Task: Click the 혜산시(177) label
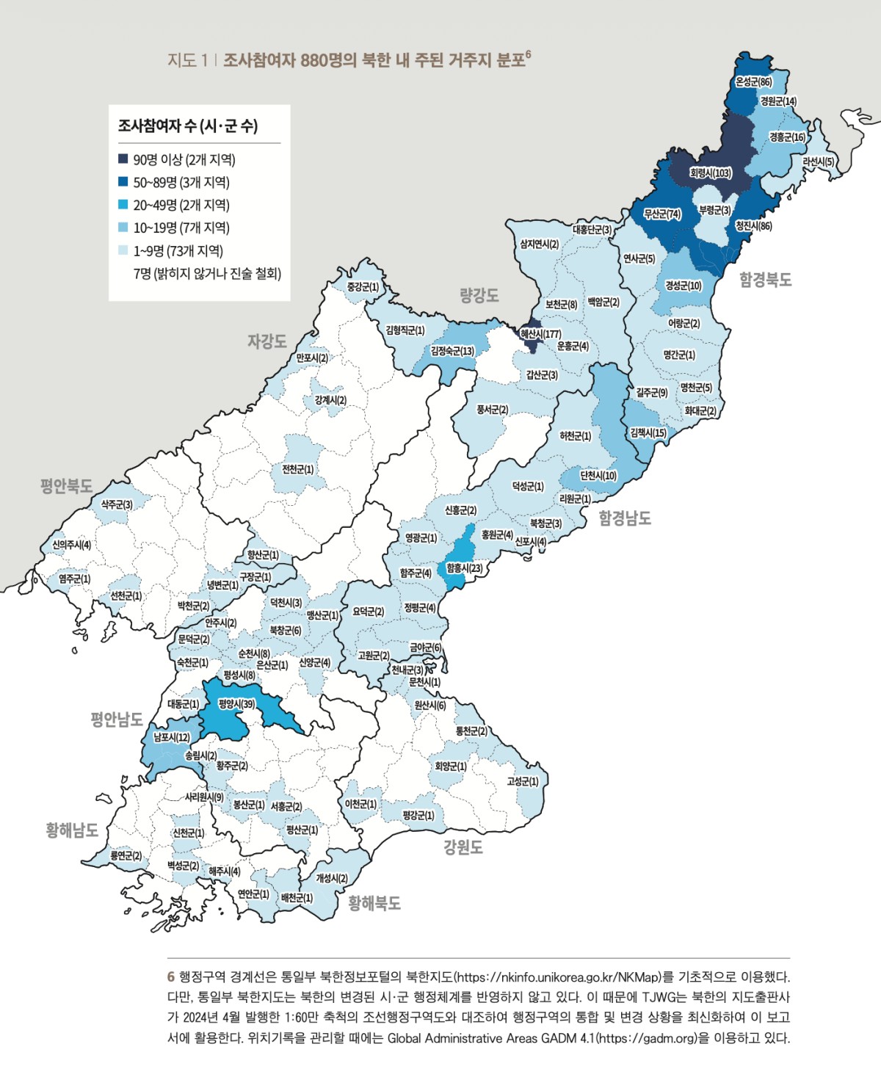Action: coord(540,334)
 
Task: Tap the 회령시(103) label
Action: coord(710,173)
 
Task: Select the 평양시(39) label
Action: coord(236,704)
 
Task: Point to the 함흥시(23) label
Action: coord(464,568)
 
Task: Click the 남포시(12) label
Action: coord(171,736)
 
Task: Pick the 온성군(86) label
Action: coord(753,82)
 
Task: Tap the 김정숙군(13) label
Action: coord(452,351)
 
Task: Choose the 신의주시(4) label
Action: coord(71,545)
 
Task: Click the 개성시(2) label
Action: coord(332,878)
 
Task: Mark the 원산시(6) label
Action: coord(429,705)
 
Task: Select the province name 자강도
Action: coord(267,341)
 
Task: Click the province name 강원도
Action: coord(463,848)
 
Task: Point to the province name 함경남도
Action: coord(625,518)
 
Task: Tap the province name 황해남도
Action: coord(72,830)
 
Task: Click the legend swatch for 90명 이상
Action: coord(123,159)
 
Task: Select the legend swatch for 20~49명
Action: coord(123,205)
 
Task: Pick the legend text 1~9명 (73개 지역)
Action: coord(178,250)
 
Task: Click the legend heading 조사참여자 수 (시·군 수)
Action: coord(188,126)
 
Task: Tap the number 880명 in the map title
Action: coord(322,60)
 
